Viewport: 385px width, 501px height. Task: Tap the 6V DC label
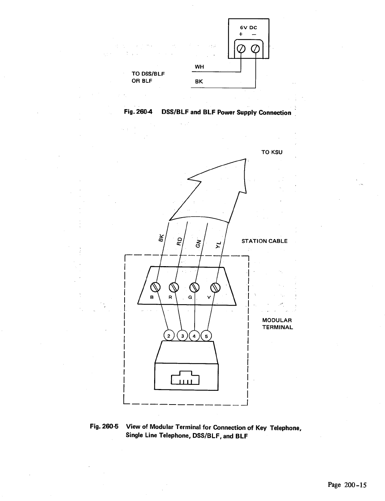click(x=248, y=27)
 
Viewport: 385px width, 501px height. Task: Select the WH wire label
click(x=199, y=67)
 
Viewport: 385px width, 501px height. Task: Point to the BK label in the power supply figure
click(x=199, y=82)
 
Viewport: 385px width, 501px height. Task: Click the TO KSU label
click(x=272, y=152)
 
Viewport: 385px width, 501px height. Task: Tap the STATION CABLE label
click(x=264, y=241)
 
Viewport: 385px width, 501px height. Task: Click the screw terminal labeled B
click(x=155, y=287)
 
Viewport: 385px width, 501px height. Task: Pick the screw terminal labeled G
click(x=195, y=287)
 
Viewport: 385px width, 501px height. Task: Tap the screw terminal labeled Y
click(x=215, y=287)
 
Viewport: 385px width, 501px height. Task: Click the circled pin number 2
click(x=169, y=336)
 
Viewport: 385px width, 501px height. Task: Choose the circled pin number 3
click(x=182, y=336)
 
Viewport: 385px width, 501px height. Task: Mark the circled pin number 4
click(x=195, y=336)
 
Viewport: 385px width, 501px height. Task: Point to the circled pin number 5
click(x=207, y=336)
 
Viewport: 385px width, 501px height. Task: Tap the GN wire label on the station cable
click(x=198, y=242)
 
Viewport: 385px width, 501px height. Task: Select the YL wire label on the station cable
click(x=219, y=244)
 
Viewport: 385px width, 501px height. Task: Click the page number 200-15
click(x=347, y=485)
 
